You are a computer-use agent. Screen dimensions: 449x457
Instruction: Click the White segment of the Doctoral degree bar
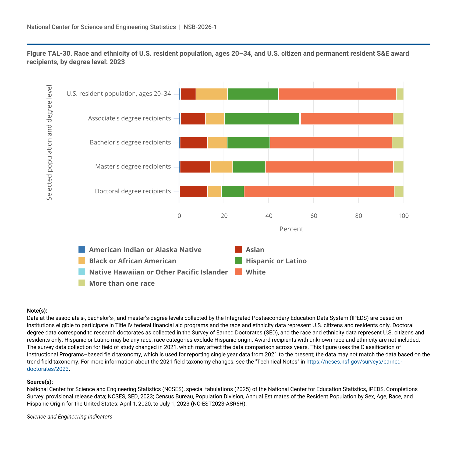(319, 192)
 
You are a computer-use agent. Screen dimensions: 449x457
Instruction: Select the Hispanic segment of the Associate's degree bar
(262, 119)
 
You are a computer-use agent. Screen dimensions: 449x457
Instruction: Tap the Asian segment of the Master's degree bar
(195, 167)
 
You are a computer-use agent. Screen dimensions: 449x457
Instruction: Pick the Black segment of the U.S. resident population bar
(212, 94)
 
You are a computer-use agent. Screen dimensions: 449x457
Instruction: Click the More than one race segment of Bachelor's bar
(398, 143)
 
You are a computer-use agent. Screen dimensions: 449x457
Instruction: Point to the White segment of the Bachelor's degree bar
(331, 143)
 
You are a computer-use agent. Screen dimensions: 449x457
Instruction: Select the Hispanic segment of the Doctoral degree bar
(233, 192)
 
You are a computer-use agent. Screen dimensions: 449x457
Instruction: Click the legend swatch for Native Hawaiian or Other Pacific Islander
(82, 272)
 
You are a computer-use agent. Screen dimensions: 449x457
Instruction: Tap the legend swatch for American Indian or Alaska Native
(82, 249)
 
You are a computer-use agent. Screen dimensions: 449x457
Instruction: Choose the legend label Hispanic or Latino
(276, 261)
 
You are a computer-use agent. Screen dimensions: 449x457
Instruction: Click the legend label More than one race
(122, 283)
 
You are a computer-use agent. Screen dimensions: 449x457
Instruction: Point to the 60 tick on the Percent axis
(314, 216)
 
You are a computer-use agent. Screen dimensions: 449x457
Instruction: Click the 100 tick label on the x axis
(403, 216)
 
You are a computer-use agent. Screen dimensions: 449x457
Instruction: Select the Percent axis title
(291, 229)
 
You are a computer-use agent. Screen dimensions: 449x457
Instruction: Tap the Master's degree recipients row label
(133, 167)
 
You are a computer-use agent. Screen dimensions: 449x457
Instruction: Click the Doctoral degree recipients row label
(133, 191)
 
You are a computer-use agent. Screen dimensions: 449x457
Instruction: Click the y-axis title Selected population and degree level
(49, 143)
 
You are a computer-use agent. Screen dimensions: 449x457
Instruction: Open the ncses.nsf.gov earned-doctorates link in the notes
(354, 362)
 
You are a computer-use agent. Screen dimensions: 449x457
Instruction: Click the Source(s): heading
(40, 382)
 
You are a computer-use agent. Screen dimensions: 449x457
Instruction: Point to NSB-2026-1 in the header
(200, 27)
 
